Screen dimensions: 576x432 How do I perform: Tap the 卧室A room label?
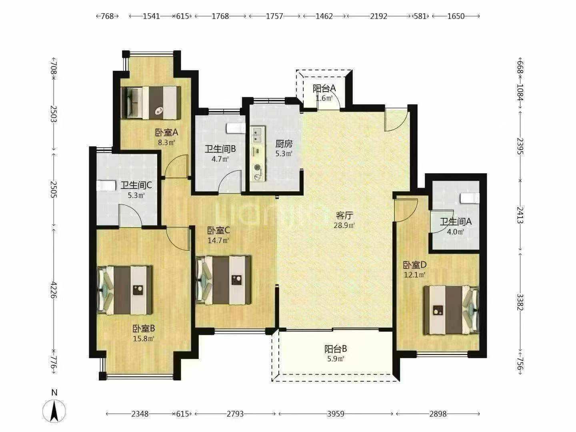(x=166, y=133)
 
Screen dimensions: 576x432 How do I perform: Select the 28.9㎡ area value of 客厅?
(x=344, y=225)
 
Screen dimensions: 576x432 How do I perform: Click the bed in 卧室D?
(x=451, y=310)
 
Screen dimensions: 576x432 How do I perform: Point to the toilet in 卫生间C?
(x=106, y=186)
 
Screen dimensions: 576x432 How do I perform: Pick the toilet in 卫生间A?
(x=470, y=198)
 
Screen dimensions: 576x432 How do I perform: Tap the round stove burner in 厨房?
(x=258, y=167)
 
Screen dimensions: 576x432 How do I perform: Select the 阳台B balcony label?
(x=336, y=349)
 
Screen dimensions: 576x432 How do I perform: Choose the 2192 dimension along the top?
(x=378, y=16)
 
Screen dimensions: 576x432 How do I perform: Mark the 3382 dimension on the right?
(x=520, y=302)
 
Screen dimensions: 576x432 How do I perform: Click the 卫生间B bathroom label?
(x=220, y=149)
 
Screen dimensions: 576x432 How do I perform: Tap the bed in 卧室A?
(x=151, y=103)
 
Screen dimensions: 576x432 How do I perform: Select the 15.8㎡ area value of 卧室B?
(x=143, y=338)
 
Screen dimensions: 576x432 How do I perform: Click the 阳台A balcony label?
(x=324, y=88)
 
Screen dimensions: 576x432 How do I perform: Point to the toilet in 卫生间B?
(x=236, y=128)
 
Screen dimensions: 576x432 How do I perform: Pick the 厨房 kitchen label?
(x=284, y=144)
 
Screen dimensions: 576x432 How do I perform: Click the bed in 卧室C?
(x=224, y=280)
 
